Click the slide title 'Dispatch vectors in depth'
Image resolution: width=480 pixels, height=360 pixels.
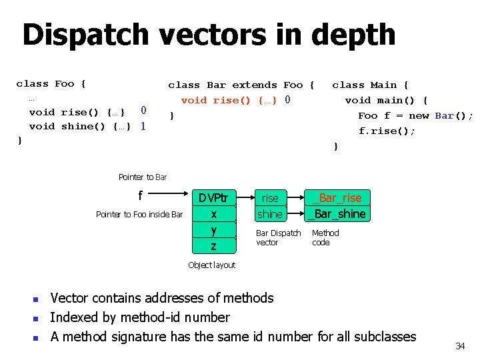pyautogui.click(x=209, y=35)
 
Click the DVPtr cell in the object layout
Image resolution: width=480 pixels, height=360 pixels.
pyautogui.click(x=213, y=198)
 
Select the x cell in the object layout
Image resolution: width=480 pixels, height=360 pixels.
pyautogui.click(x=213, y=214)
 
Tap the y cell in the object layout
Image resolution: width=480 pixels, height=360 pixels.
pyautogui.click(x=213, y=230)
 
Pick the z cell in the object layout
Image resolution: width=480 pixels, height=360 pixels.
pyautogui.click(x=213, y=246)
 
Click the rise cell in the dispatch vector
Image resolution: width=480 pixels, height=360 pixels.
pyautogui.click(x=270, y=198)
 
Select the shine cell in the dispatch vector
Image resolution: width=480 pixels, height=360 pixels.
pyautogui.click(x=270, y=214)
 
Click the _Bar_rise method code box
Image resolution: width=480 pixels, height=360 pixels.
pyautogui.click(x=337, y=198)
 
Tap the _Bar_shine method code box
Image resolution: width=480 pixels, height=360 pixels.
pyautogui.click(x=337, y=214)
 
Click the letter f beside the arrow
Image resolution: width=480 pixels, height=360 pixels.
pyautogui.click(x=140, y=196)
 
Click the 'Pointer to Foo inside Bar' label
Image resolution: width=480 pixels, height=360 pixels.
pyautogui.click(x=139, y=214)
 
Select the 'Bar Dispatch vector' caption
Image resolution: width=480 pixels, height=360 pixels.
pyautogui.click(x=279, y=238)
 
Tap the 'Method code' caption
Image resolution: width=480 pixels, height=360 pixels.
pyautogui.click(x=325, y=238)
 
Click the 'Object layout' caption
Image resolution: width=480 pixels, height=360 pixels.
pyautogui.click(x=211, y=265)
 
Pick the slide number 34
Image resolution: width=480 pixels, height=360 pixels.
pyautogui.click(x=460, y=346)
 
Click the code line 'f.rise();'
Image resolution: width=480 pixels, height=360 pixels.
pyautogui.click(x=387, y=131)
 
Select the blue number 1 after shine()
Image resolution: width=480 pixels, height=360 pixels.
pyautogui.click(x=143, y=125)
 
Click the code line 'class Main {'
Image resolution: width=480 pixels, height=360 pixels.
pyautogui.click(x=371, y=85)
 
